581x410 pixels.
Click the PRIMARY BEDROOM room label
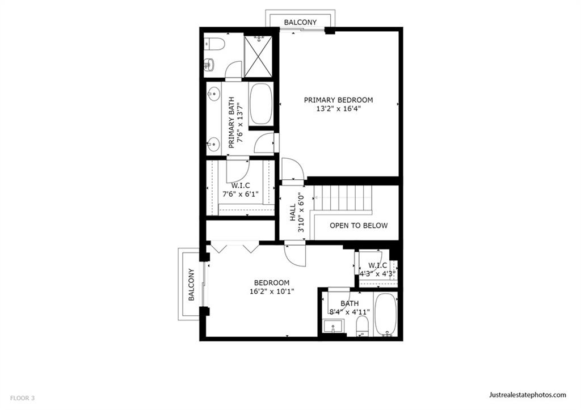click(338, 100)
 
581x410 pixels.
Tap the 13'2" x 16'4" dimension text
click(338, 109)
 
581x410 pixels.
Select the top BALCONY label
click(300, 22)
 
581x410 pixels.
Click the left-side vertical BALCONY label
click(191, 285)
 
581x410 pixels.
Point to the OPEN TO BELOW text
click(359, 226)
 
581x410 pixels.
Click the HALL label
click(293, 212)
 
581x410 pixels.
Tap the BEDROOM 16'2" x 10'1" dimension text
click(272, 291)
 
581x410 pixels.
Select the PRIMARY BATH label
click(231, 122)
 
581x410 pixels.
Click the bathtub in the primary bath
click(261, 104)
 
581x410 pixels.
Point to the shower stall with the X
click(258, 57)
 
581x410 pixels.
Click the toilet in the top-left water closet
click(214, 44)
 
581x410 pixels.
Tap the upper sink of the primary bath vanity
click(213, 94)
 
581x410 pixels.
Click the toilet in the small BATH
click(362, 326)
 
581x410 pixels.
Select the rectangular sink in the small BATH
click(334, 327)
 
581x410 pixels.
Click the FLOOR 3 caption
click(22, 398)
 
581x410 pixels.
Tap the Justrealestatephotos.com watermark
click(528, 395)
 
